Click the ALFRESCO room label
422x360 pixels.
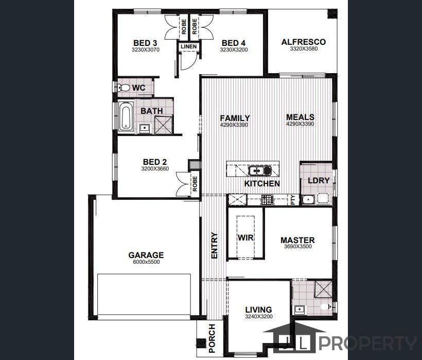pos(303,42)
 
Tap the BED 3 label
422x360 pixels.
pos(145,43)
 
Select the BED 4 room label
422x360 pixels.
pos(234,43)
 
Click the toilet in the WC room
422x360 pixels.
pos(123,88)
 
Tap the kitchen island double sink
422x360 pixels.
pos(259,170)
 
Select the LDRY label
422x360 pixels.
pos(319,180)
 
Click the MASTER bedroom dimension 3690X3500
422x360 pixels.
pos(297,247)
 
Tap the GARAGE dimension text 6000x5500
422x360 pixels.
pos(146,262)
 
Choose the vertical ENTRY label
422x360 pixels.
pos(215,246)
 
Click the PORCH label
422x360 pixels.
pos(212,337)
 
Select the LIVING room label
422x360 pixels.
pos(258,310)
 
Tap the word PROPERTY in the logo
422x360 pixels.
pos(368,343)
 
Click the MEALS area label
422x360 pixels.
pos(300,117)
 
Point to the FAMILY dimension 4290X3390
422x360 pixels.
pos(235,125)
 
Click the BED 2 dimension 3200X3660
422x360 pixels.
pos(154,168)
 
